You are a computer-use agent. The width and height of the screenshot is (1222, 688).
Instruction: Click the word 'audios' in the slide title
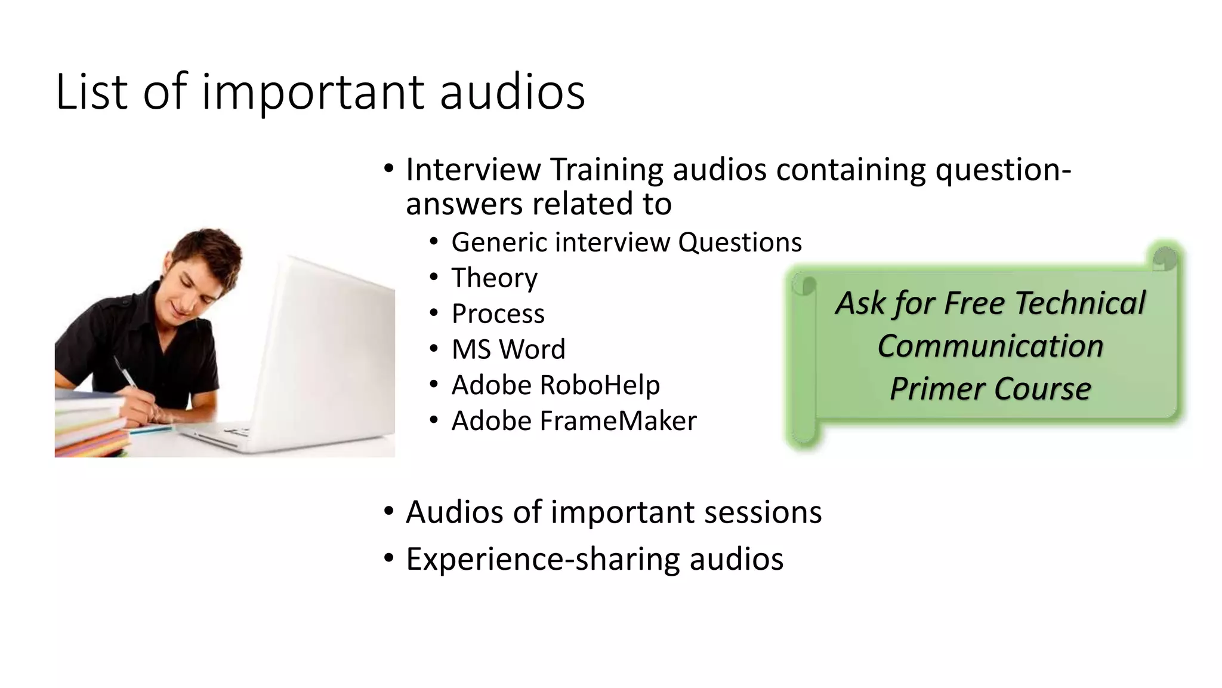(x=512, y=91)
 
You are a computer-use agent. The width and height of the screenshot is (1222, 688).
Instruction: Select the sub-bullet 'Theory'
(x=494, y=278)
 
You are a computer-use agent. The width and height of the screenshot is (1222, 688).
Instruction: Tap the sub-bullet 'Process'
(x=498, y=314)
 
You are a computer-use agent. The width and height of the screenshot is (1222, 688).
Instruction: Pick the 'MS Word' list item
(x=508, y=349)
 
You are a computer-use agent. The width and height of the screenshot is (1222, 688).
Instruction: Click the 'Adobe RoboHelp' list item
(x=556, y=385)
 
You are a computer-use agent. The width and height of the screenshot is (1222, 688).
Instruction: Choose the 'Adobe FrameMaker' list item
(x=573, y=421)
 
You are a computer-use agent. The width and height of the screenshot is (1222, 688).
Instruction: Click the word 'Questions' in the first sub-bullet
(x=740, y=242)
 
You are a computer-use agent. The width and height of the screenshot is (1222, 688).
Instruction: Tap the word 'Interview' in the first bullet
(x=473, y=170)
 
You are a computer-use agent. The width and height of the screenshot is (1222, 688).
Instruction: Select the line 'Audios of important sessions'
(x=613, y=512)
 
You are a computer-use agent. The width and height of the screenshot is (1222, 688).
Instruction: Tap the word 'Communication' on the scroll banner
(x=990, y=346)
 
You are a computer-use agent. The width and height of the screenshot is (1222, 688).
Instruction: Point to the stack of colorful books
(x=90, y=427)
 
